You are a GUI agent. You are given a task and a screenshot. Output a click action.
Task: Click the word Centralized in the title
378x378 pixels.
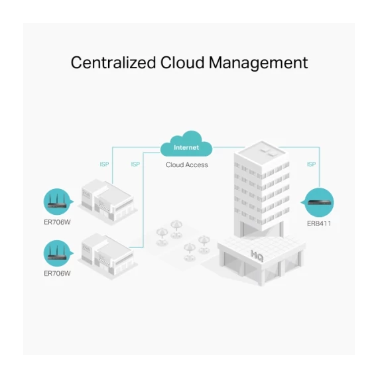[x=113, y=63]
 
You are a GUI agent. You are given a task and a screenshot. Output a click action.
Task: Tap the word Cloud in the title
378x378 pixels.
[x=182, y=63]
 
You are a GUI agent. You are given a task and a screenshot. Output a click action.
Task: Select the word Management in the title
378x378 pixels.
[x=259, y=63]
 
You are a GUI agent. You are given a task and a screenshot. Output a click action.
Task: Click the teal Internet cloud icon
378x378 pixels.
[x=186, y=144]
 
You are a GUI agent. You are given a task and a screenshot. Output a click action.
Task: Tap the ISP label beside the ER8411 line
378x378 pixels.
[x=311, y=164]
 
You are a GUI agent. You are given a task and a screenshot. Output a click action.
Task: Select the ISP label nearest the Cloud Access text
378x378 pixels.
[x=135, y=164]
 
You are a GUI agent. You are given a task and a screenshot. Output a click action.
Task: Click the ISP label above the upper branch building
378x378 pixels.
[x=104, y=164]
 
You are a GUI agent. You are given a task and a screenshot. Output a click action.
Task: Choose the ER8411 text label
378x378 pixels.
[x=319, y=223]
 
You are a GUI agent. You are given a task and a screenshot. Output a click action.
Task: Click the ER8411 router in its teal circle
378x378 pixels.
[x=320, y=202]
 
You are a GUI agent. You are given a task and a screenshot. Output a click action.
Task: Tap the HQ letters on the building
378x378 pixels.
[x=257, y=256]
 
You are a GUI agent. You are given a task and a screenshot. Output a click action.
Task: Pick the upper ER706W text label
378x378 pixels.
[x=57, y=222]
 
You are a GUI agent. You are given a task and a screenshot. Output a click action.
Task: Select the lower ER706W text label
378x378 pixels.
[x=57, y=273]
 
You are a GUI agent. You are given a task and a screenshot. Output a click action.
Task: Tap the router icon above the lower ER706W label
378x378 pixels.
[x=57, y=253]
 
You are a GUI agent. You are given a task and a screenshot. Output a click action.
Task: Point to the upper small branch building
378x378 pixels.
[x=107, y=201]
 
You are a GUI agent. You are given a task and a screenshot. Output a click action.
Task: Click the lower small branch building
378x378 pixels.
[x=107, y=255]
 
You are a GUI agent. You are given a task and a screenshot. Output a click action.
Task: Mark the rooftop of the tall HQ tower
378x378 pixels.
[x=261, y=152]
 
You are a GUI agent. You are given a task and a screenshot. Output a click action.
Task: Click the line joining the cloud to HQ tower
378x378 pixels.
[x=229, y=147]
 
